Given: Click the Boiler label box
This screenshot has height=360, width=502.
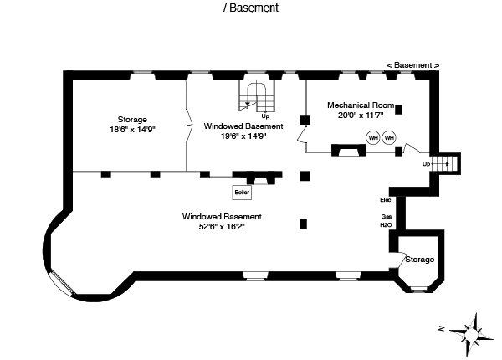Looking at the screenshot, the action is click(242, 193).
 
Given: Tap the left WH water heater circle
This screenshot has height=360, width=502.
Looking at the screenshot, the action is click(373, 137).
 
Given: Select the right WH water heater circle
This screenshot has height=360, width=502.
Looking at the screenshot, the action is click(389, 137).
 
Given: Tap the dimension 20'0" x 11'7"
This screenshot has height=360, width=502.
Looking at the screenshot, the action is click(358, 116).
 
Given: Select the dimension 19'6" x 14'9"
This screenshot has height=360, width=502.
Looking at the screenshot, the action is click(243, 136).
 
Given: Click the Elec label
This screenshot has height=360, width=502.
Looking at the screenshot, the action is click(385, 200).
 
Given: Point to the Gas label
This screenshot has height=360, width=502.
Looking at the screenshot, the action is click(386, 216).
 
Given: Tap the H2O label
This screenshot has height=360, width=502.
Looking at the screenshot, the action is click(386, 225).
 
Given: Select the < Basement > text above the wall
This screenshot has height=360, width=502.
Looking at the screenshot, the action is click(412, 65).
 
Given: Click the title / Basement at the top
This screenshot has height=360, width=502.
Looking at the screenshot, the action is click(251, 8).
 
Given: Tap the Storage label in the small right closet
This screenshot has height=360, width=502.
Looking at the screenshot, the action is click(419, 260).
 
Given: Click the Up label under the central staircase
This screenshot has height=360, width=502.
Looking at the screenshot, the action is click(266, 115).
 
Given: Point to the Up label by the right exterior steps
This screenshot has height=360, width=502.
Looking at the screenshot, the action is click(426, 164).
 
